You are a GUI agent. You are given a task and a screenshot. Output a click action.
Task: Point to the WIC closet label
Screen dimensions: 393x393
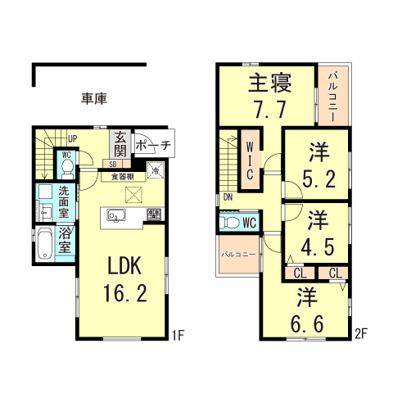tap(251, 156)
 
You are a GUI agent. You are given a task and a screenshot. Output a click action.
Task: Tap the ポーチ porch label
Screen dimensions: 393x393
tap(152, 147)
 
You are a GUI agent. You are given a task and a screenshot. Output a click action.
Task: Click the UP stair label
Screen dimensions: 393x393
tap(72, 138)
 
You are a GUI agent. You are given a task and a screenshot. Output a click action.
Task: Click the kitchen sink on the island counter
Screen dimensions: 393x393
tap(114, 216)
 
